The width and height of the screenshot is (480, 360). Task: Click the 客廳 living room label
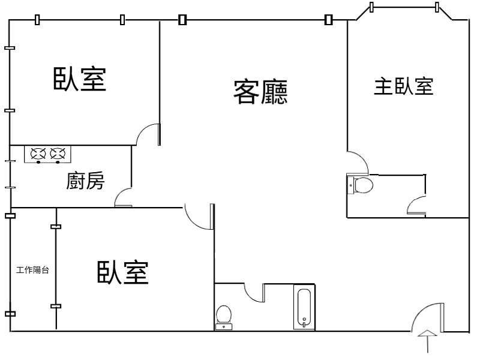pos(260,92)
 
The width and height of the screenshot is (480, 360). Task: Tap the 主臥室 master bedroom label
pos(403,86)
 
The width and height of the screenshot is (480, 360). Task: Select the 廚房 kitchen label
pos(85,181)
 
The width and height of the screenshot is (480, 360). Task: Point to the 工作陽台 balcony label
pos(32,270)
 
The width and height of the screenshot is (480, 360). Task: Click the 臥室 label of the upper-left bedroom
pos(80,79)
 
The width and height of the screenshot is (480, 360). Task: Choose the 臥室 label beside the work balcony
pos(123,272)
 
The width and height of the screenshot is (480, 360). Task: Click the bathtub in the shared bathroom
pos(304,307)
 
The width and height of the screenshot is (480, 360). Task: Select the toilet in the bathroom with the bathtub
pos(224,317)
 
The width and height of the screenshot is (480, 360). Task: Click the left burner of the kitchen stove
pos(38,154)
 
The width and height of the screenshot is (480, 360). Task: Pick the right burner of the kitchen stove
pos(58,154)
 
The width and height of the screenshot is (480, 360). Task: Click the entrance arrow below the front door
pos(427,341)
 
